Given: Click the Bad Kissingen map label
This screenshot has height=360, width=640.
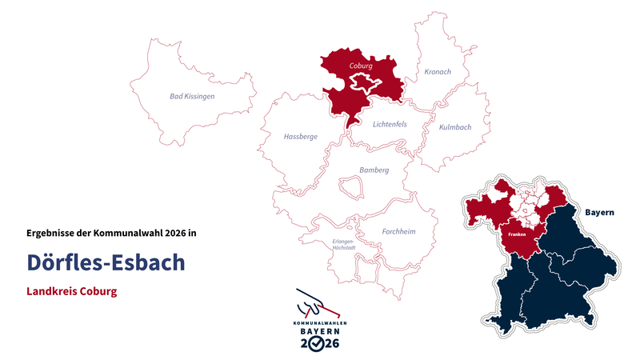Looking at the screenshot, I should (192, 96).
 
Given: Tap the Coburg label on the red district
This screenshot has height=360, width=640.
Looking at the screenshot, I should (362, 66).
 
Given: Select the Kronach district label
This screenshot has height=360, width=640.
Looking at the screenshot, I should (438, 72).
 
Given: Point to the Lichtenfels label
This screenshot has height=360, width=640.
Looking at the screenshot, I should (390, 124).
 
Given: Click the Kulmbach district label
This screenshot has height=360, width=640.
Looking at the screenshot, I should (455, 127).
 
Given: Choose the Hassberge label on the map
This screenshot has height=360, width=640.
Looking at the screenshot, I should (301, 137).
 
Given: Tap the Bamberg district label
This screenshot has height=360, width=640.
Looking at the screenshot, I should (374, 170).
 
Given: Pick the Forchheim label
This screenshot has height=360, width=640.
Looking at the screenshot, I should (398, 231).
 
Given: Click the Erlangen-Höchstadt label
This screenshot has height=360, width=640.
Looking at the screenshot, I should (343, 244).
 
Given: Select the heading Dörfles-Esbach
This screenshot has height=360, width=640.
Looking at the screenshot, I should (106, 262).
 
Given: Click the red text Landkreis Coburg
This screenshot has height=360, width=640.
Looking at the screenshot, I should (72, 292).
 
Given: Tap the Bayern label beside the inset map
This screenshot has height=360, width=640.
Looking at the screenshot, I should (599, 213).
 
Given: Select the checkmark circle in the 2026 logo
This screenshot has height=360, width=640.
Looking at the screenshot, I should (320, 343).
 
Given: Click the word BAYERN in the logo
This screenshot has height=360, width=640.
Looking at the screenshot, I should (320, 330).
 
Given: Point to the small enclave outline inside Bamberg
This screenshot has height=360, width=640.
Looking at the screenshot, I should (350, 188).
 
